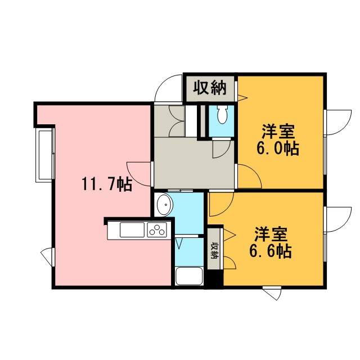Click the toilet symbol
222,114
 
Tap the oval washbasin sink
164,205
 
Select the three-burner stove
157,229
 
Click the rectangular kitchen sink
132,229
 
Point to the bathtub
189,276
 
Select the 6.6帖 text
271,251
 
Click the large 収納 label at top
210,88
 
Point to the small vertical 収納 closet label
214,251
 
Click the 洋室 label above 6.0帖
278,131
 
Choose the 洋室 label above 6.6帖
271,234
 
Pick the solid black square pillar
214,279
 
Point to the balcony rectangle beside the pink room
44,155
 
